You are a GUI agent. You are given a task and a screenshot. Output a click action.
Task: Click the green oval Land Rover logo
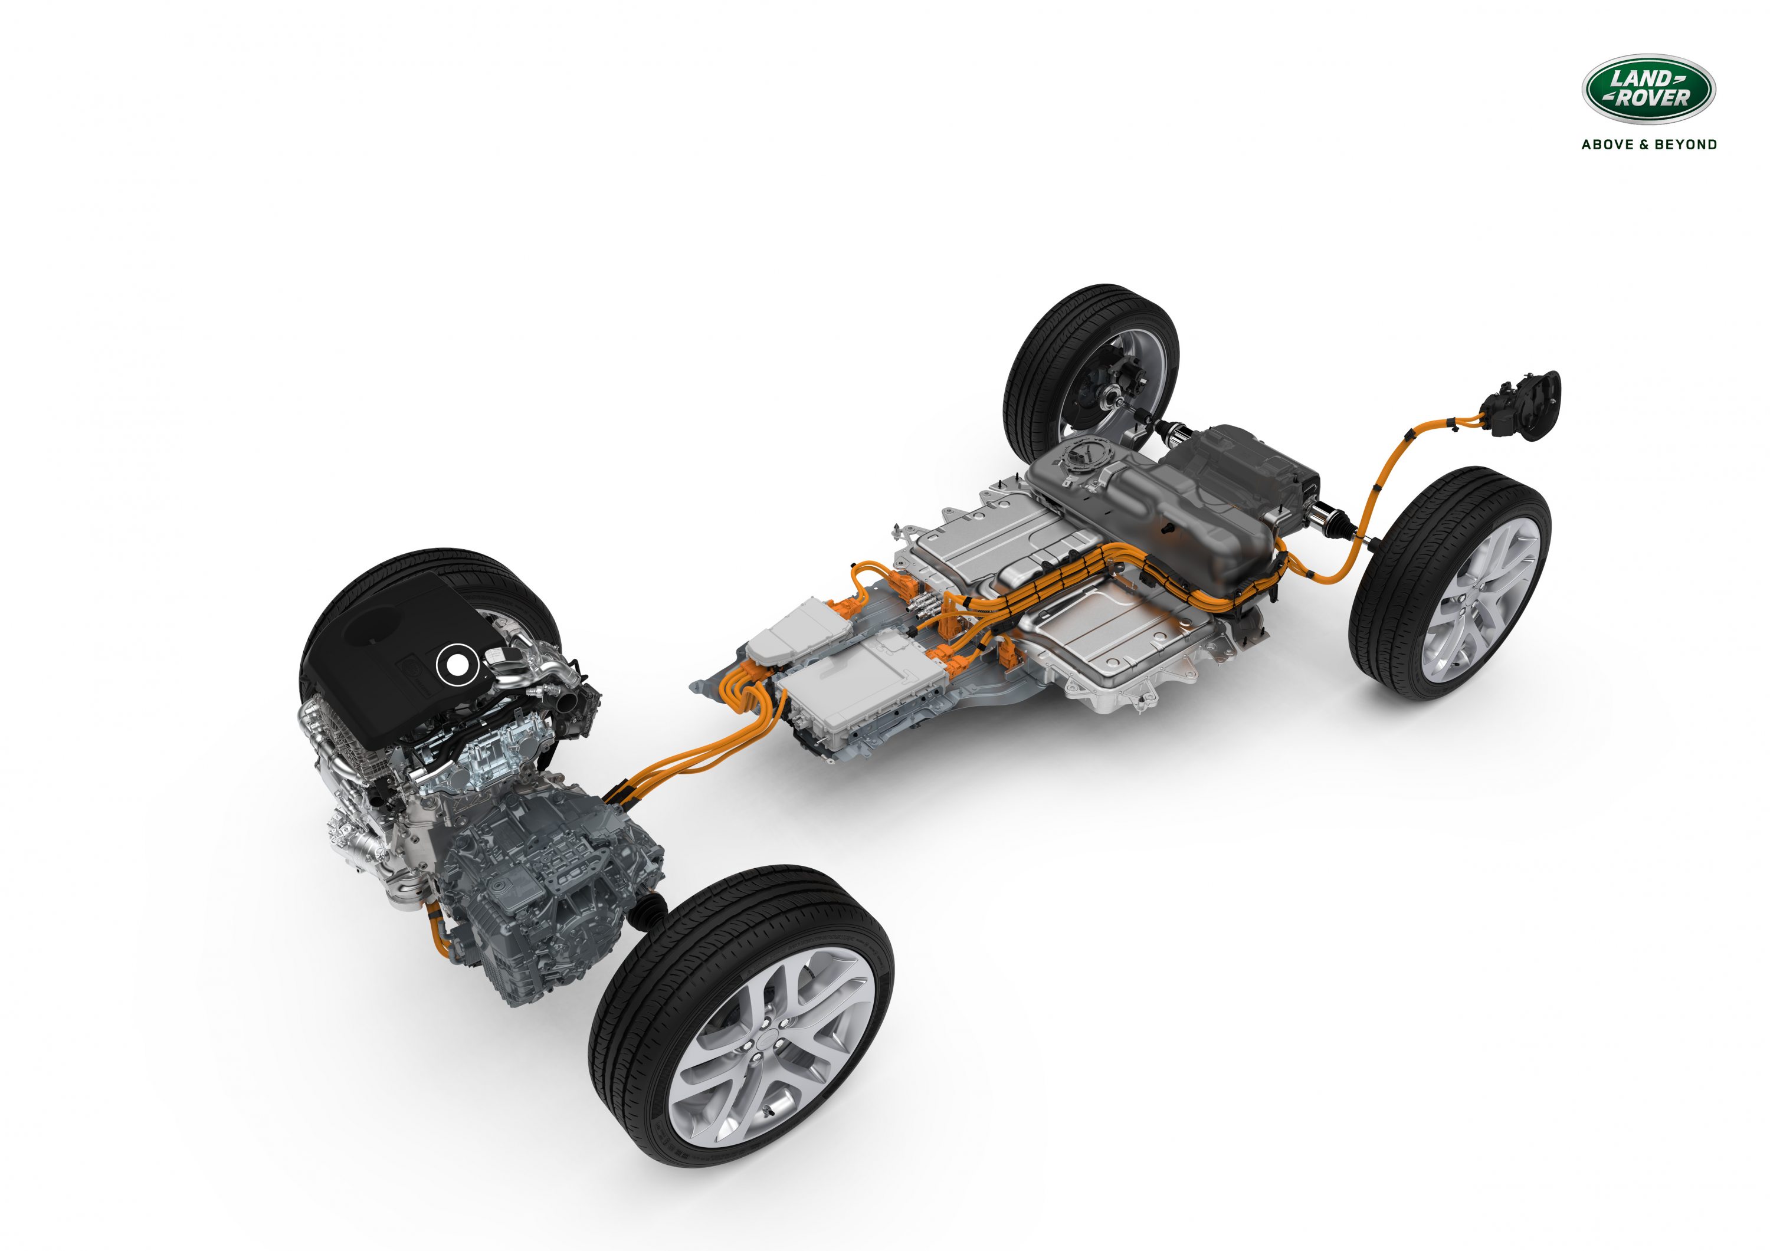(x=1648, y=90)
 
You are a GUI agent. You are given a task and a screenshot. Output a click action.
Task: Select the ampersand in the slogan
(x=1647, y=144)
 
